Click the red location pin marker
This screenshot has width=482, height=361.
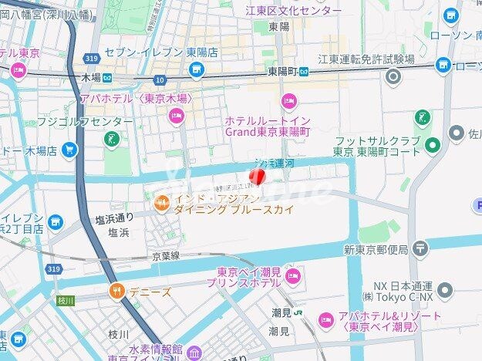click(x=261, y=177)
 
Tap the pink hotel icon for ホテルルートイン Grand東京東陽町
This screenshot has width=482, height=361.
click(x=289, y=100)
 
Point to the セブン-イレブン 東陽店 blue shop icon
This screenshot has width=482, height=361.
click(x=197, y=71)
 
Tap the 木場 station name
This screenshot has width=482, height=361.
click(x=89, y=77)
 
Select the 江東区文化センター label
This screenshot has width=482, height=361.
click(x=293, y=11)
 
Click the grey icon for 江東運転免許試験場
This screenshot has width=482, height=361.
click(x=395, y=76)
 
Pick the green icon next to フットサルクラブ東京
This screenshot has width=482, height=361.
click(x=432, y=145)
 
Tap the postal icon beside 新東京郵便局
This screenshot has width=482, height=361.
click(x=420, y=248)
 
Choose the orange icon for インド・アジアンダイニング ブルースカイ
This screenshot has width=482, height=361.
click(x=161, y=203)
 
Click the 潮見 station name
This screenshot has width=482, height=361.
click(x=280, y=313)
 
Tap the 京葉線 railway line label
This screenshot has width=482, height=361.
click(x=165, y=255)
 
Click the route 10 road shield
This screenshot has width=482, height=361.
click(x=160, y=79)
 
